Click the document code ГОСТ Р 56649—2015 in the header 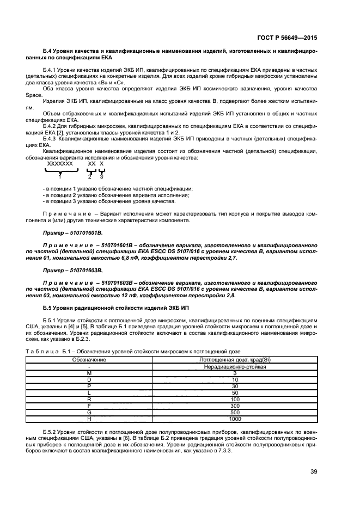286,39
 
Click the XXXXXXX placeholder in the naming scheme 60,163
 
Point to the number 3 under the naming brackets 101,176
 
